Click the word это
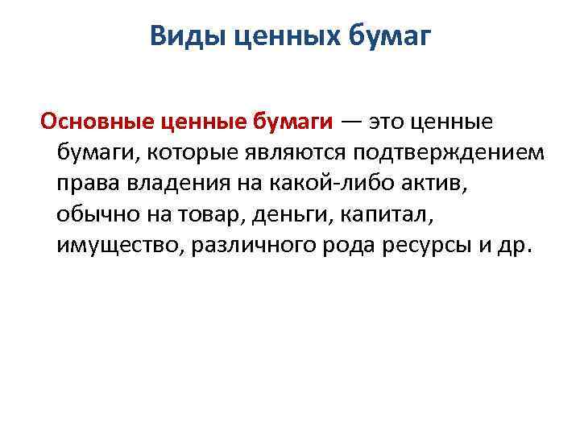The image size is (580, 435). pos(389,122)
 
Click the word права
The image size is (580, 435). pos(84,184)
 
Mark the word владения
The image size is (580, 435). pos(161,184)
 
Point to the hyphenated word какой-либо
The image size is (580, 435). pos(321,184)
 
